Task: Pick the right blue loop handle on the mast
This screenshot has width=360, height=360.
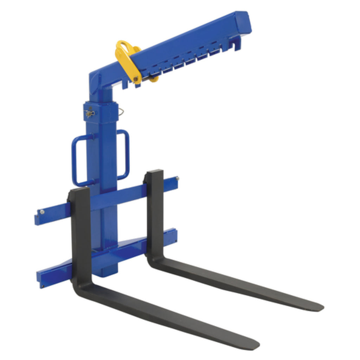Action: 125,155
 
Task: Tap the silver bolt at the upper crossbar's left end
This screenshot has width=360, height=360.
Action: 42,212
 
